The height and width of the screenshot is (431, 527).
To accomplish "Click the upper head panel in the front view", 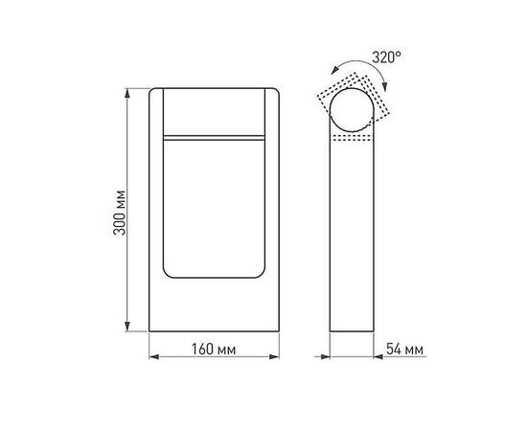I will (215, 111).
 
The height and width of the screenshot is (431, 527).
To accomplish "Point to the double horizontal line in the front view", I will (215, 140).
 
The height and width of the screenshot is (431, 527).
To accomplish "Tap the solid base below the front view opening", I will (215, 306).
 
